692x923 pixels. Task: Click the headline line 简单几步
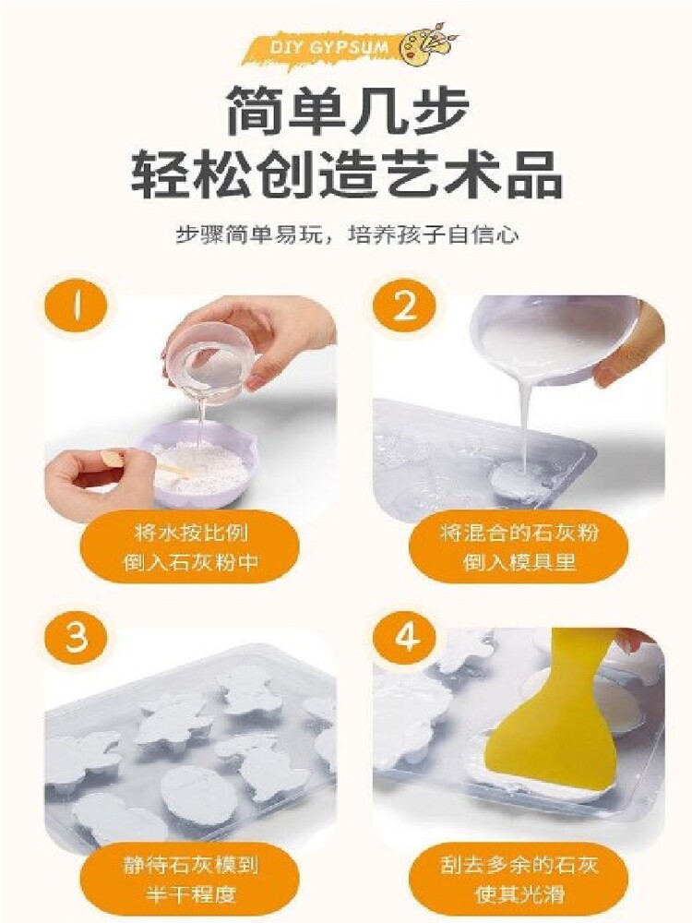point(348,109)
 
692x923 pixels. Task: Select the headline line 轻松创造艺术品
point(347,174)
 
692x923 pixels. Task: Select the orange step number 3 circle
point(76,638)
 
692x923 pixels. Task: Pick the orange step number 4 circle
point(404,638)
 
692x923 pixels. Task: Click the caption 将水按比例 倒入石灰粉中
point(189,547)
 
